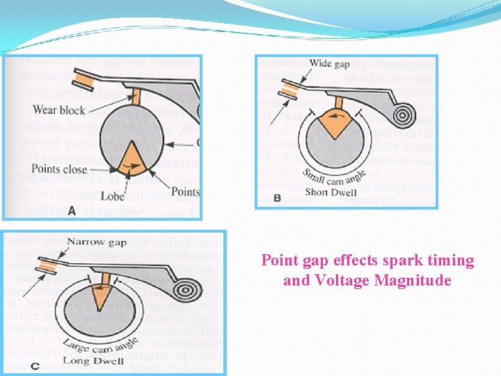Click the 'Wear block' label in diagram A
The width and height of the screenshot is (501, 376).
pyautogui.click(x=58, y=110)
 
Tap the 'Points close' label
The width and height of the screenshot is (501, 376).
pyautogui.click(x=59, y=169)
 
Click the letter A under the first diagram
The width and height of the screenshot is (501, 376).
pyautogui.click(x=72, y=210)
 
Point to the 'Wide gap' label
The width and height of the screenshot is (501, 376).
pyautogui.click(x=329, y=63)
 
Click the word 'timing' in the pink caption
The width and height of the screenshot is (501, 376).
pyautogui.click(x=450, y=261)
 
